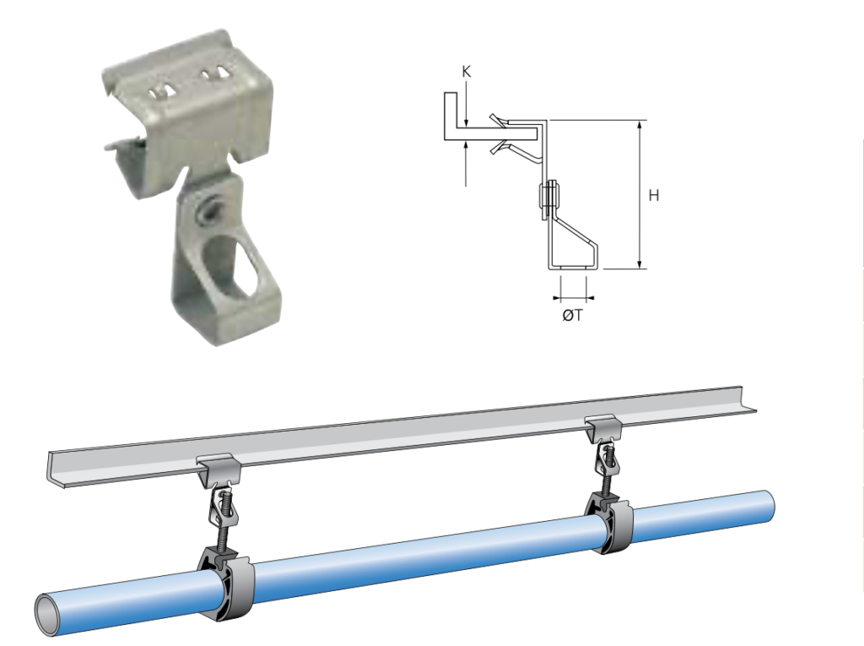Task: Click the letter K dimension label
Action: coord(467,72)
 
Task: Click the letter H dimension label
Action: coord(654,195)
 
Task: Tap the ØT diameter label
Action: coord(573,315)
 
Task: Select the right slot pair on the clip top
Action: coord(214,73)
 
